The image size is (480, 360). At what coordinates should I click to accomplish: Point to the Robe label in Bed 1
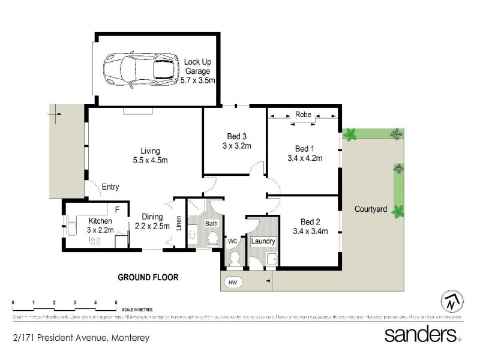pyautogui.click(x=303, y=115)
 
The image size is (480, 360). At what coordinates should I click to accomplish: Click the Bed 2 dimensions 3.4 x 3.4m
pyautogui.click(x=310, y=232)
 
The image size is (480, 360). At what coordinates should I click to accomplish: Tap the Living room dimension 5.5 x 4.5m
pyautogui.click(x=150, y=160)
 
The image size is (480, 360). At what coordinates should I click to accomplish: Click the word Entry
pyautogui.click(x=110, y=187)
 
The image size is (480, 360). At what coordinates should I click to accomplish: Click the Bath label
pyautogui.click(x=211, y=223)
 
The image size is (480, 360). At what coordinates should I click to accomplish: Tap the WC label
pyautogui.click(x=232, y=242)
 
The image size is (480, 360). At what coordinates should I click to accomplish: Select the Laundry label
pyautogui.click(x=263, y=242)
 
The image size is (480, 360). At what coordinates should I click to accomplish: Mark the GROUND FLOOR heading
pyautogui.click(x=148, y=277)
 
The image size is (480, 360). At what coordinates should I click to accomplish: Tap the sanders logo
pyautogui.click(x=422, y=334)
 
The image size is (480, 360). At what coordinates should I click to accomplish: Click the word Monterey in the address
pyautogui.click(x=129, y=338)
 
